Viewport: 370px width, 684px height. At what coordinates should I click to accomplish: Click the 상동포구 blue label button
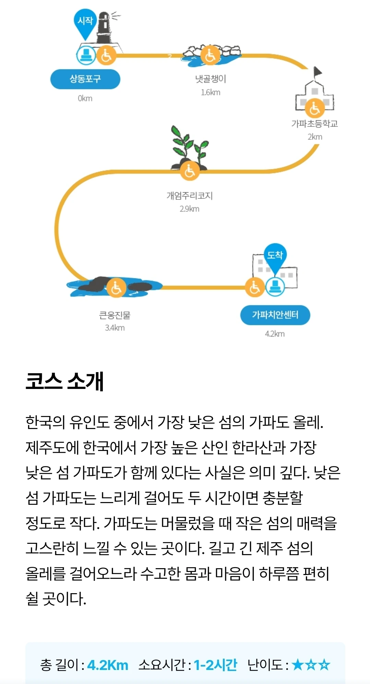85,79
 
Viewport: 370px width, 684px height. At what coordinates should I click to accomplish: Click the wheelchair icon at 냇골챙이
210,56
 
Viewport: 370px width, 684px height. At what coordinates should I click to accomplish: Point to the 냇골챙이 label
211,79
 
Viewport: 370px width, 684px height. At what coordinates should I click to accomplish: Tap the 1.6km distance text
211,93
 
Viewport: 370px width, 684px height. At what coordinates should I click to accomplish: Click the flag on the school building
318,72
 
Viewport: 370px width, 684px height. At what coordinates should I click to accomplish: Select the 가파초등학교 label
314,124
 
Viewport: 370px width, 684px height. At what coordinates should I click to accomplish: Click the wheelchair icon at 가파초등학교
314,108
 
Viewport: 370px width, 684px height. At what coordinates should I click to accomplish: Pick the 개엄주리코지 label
190,196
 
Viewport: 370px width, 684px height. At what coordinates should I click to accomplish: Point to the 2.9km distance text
189,209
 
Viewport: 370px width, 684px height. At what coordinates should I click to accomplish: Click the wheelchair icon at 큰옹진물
116,288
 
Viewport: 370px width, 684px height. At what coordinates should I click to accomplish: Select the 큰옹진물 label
115,315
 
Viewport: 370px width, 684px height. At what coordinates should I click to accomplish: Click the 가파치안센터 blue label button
275,315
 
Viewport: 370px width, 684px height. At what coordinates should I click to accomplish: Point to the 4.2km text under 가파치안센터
275,334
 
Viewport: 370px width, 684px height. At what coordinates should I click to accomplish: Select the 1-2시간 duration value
215,665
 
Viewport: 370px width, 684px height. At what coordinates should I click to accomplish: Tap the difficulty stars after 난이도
311,665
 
